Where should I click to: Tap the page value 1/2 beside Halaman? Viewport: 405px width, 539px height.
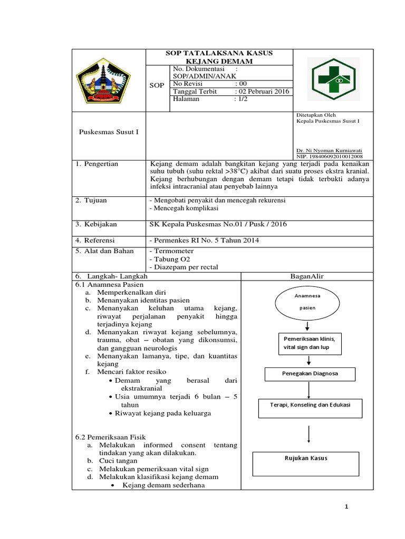click(x=240, y=99)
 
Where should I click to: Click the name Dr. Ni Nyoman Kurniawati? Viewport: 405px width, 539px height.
click(x=326, y=150)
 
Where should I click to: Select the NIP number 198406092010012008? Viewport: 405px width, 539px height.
click(x=337, y=156)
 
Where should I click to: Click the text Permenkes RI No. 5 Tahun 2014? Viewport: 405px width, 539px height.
click(x=207, y=241)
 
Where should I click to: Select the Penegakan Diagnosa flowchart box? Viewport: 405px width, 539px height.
click(x=310, y=374)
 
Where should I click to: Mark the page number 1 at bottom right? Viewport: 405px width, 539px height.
click(x=346, y=507)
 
